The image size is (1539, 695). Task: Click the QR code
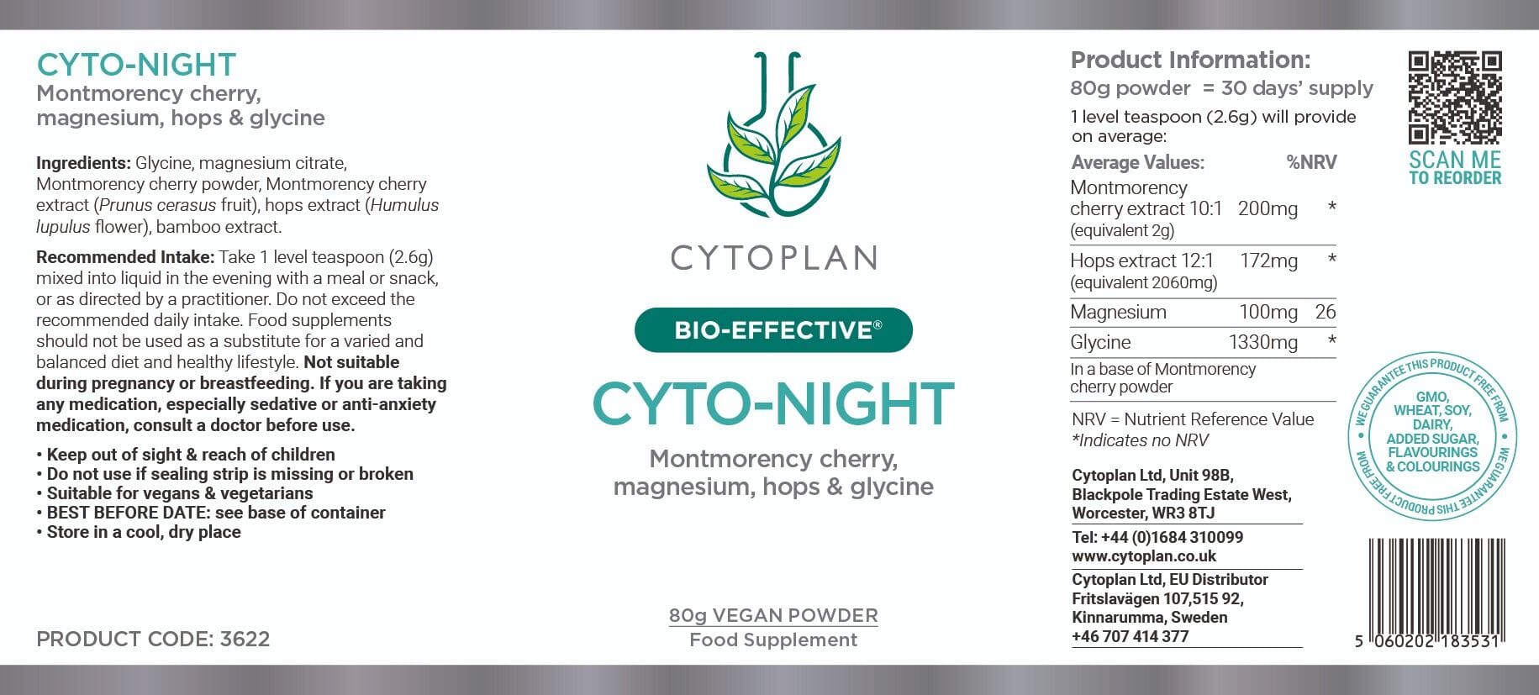coord(1455,97)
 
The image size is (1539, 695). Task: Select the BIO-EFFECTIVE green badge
coord(773,330)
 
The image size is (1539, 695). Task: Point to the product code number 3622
coord(245,639)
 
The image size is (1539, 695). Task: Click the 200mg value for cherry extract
coord(1268,208)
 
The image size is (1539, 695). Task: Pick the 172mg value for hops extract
coord(1268,261)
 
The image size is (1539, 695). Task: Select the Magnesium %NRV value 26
coord(1326,312)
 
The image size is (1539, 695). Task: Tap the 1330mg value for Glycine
coord(1263,342)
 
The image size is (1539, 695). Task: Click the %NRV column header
coord(1311,162)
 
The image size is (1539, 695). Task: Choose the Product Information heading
coord(1190,60)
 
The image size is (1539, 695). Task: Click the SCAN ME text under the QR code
coord(1455,160)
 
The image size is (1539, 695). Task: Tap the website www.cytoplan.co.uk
coord(1144,556)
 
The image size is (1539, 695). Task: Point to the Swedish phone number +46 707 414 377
coord(1130,636)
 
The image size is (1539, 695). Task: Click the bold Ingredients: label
coord(83,164)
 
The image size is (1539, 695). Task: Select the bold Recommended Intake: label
coord(125,257)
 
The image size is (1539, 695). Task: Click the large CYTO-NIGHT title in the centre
coord(773,404)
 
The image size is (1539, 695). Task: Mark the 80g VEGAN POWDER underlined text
coord(773,616)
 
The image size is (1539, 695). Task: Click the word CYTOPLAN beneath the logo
coord(773,258)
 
